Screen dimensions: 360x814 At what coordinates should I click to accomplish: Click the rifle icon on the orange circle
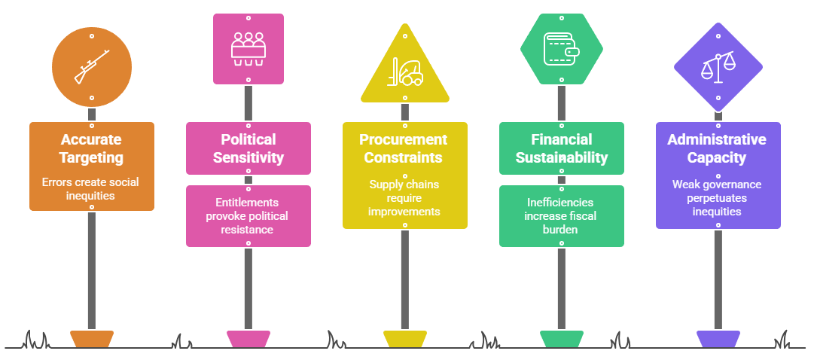click(x=92, y=66)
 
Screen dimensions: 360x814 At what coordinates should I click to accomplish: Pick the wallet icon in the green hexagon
click(x=562, y=48)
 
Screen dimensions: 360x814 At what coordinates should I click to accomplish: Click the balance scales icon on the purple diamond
click(x=718, y=67)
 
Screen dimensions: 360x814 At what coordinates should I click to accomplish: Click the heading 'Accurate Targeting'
click(x=92, y=148)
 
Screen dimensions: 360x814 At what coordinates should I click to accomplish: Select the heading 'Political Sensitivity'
click(x=248, y=148)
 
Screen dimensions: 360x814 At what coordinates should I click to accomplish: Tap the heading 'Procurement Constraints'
click(x=405, y=148)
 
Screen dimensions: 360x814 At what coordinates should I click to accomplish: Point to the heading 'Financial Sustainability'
click(x=562, y=148)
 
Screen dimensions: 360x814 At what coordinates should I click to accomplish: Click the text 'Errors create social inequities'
click(x=92, y=188)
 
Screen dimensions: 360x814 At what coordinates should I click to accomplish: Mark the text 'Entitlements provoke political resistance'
click(x=248, y=216)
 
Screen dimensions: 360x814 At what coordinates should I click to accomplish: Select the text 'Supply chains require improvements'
click(x=405, y=197)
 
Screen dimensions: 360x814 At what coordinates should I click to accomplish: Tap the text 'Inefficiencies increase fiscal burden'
click(x=562, y=216)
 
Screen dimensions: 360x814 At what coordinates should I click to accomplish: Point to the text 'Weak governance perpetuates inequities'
click(x=718, y=197)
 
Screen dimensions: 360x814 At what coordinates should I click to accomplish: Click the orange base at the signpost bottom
click(x=92, y=339)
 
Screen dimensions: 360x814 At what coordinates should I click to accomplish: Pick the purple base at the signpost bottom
click(x=718, y=339)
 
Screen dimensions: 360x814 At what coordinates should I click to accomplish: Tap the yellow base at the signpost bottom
click(x=405, y=339)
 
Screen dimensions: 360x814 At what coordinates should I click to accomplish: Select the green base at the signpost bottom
click(x=562, y=339)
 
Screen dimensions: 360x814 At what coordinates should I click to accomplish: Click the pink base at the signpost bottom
click(x=248, y=339)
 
